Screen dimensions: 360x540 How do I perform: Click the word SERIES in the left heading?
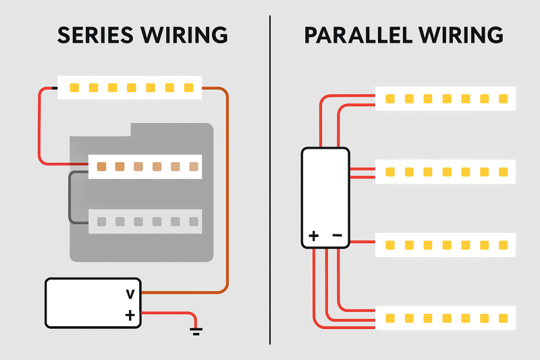pos(91,34)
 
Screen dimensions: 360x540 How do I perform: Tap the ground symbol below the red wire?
pos(196,331)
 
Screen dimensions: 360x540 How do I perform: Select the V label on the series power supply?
pos(130,294)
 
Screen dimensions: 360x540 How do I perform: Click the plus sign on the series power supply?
pos(130,315)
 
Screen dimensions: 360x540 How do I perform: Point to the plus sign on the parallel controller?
pos(314,236)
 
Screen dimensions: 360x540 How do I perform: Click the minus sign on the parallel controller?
pos(337,236)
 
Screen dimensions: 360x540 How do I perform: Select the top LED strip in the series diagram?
pos(130,88)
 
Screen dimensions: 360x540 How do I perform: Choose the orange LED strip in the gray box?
pos(145,166)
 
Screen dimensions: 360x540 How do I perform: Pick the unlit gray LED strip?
pos(145,222)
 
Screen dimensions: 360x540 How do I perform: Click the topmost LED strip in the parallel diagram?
pos(446,99)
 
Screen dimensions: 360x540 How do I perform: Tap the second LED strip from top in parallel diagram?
pos(446,172)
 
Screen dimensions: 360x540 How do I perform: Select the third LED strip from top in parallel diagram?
pos(446,245)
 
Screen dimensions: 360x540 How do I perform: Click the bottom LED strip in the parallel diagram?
pos(446,317)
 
